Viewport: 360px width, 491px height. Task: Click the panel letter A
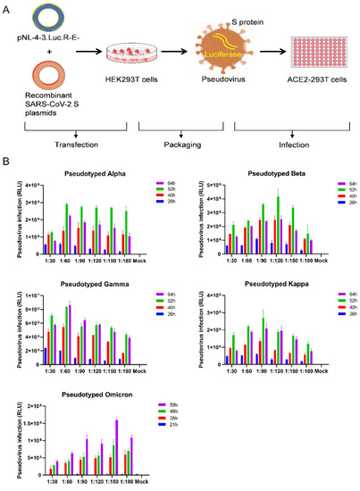(x=6, y=6)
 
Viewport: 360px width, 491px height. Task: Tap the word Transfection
(x=58, y=145)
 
